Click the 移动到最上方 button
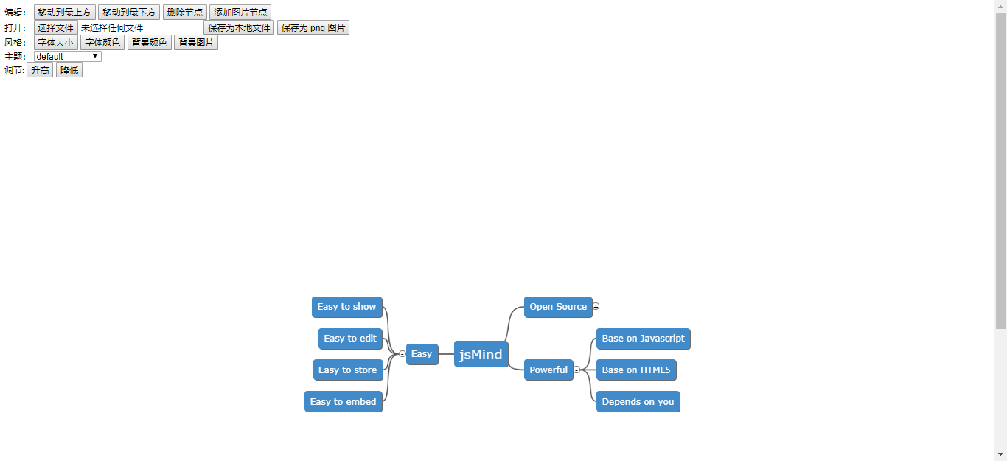coord(65,13)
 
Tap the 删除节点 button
coord(184,13)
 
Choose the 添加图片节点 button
coord(240,13)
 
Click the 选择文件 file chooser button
coord(56,28)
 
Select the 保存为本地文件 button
coord(239,28)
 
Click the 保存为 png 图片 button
coord(313,28)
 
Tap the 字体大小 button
coord(56,43)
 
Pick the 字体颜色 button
coord(102,43)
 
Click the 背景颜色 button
coord(150,43)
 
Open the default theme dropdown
coord(67,57)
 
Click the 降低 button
coord(69,71)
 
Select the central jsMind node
coord(481,354)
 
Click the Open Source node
coord(558,307)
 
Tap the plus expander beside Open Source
coord(596,306)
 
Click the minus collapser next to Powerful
coord(576,370)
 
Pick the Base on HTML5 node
coord(636,370)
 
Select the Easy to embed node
coord(343,402)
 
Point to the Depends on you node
coord(638,402)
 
